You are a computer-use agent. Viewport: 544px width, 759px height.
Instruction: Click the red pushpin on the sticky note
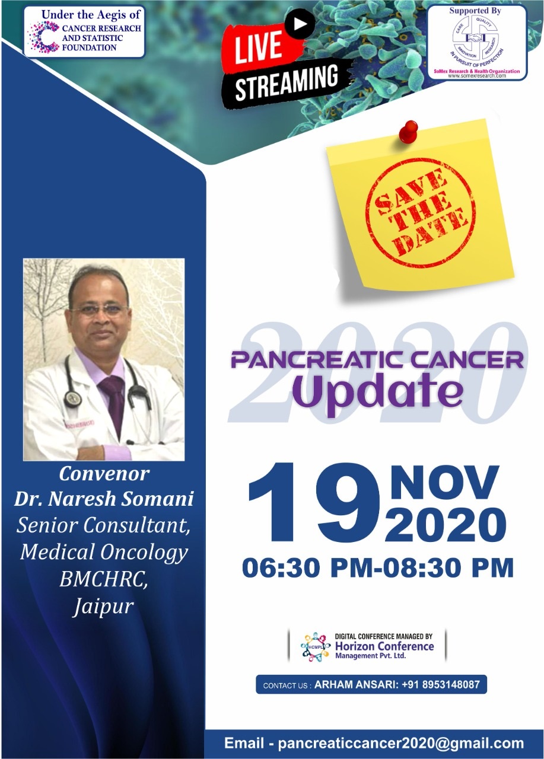[x=408, y=132]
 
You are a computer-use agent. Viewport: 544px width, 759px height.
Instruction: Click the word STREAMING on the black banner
[x=287, y=82]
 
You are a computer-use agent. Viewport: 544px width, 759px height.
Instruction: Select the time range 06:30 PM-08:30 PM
[x=377, y=567]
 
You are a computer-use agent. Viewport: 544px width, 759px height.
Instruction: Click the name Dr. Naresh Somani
[x=104, y=499]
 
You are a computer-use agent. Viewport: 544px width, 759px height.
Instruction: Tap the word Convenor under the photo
[x=104, y=474]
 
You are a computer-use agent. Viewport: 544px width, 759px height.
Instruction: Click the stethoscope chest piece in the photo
[x=72, y=400]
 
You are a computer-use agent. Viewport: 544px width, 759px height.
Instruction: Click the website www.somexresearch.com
[x=476, y=76]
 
